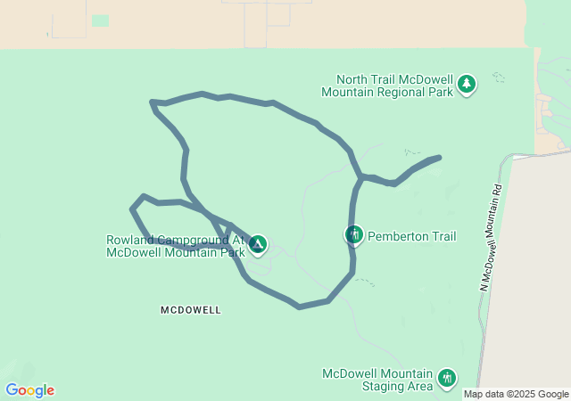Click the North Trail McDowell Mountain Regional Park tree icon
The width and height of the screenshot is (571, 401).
click(x=467, y=85)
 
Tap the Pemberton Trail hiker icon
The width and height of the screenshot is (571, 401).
click(x=353, y=235)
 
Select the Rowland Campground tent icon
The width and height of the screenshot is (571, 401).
click(x=257, y=243)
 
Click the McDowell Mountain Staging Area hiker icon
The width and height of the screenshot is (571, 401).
click(x=446, y=380)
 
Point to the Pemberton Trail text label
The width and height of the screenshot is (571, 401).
click(x=411, y=236)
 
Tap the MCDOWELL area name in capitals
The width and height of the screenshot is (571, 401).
click(x=190, y=310)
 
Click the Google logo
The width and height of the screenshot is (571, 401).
click(x=29, y=390)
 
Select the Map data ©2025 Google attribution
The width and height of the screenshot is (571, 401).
click(x=516, y=394)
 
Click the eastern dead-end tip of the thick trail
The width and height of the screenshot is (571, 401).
click(x=438, y=159)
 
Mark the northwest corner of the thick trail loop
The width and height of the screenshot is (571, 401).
click(x=153, y=103)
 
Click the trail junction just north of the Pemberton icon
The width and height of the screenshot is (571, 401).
click(x=360, y=177)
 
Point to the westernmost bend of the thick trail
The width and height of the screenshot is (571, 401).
click(x=133, y=209)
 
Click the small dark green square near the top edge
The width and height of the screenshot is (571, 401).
click(x=100, y=20)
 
